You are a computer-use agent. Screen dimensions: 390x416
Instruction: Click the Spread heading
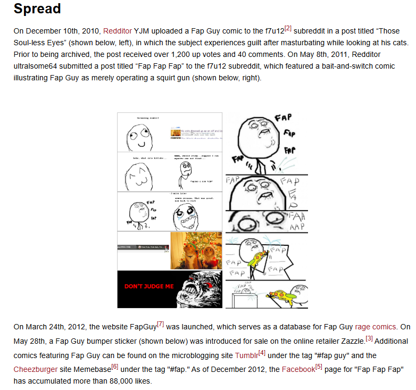(x=37, y=9)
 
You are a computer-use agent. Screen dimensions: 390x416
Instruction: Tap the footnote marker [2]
(x=288, y=28)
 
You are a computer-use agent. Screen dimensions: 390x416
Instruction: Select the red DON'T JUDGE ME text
(x=149, y=286)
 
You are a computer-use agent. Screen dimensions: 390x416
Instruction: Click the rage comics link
(x=376, y=327)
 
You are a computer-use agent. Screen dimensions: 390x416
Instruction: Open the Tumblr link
(x=246, y=355)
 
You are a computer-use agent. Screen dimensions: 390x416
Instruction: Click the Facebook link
(x=298, y=369)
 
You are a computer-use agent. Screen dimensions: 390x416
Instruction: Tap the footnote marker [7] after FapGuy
(x=160, y=323)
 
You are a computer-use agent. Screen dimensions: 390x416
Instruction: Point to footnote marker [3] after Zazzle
(x=369, y=338)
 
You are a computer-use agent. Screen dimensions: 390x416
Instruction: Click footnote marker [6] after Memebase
(x=114, y=366)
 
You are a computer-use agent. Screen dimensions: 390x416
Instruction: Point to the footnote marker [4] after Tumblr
(x=262, y=352)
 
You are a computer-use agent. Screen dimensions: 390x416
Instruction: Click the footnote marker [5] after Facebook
(x=319, y=366)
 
